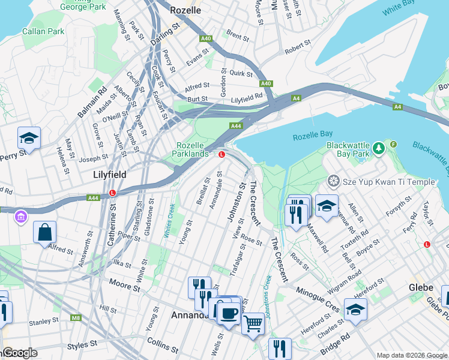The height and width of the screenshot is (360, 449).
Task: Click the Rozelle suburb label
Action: click(x=185, y=10)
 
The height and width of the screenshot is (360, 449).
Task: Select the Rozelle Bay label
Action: click(x=313, y=137)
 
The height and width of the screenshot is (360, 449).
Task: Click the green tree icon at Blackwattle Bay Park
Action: click(x=378, y=147)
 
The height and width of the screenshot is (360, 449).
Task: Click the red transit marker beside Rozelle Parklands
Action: click(x=221, y=154)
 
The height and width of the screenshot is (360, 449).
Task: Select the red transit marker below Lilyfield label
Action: click(x=113, y=193)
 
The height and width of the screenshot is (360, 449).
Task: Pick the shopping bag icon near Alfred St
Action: click(x=44, y=232)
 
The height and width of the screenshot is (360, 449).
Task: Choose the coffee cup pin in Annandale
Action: click(x=228, y=312)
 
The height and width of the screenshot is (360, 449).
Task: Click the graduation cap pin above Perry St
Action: click(x=29, y=138)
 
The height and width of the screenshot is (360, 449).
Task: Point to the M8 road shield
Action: click(x=76, y=317)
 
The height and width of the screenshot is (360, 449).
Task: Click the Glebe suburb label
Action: click(x=421, y=287)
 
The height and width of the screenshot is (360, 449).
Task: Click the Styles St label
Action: click(x=82, y=345)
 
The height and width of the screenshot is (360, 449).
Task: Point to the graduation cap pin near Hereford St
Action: click(x=355, y=310)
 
